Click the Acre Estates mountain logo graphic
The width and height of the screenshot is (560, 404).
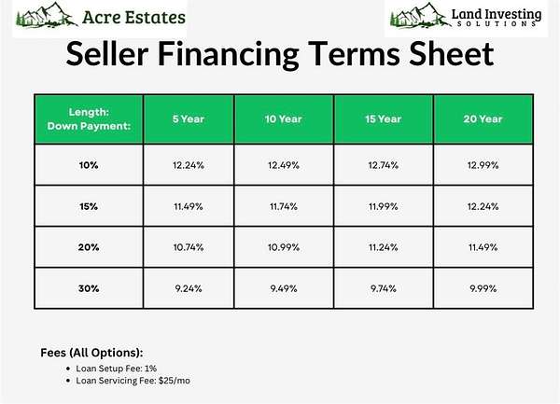point(47,15)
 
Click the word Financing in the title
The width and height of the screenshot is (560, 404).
point(229,53)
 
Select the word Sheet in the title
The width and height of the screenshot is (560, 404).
point(451,53)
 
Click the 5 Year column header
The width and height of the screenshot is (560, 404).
point(189,118)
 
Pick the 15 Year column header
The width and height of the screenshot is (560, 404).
point(384,118)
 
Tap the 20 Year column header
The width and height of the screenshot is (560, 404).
point(483,118)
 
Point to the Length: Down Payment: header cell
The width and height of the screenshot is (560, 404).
point(89,118)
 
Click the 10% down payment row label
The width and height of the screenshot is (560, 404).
point(89,165)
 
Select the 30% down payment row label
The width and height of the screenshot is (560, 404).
point(89,288)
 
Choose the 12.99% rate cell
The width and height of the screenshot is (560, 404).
point(483,165)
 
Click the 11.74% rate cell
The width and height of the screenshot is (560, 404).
point(284,206)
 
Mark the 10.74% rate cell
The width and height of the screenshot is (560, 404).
point(189,247)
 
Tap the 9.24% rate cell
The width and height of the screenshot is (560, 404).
point(189,288)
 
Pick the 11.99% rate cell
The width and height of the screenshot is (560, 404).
point(384,206)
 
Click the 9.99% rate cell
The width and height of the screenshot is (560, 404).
point(483,288)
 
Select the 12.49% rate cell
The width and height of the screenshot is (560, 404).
point(284,165)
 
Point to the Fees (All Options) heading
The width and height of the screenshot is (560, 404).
point(91,353)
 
